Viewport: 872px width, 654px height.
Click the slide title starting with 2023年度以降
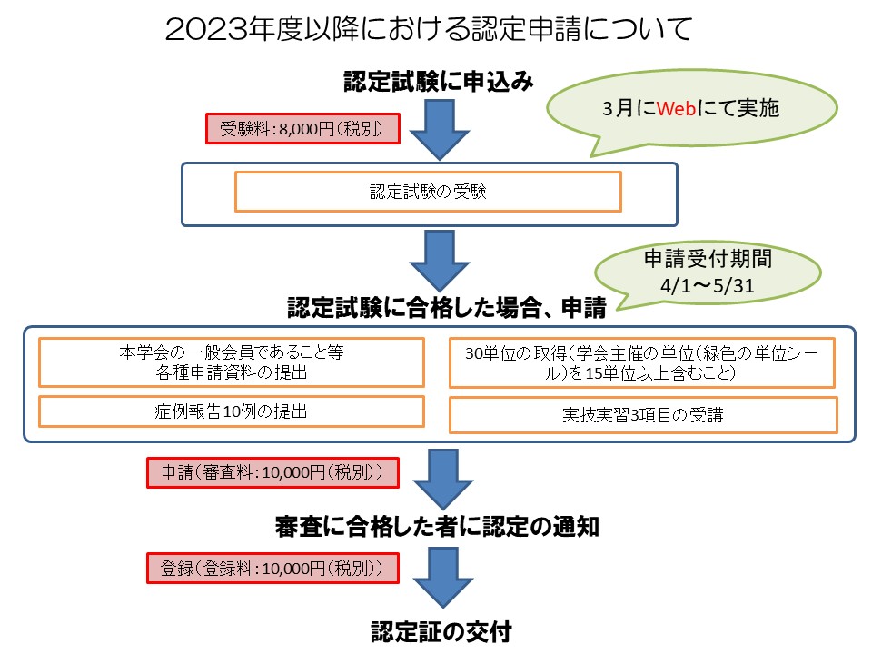(429, 30)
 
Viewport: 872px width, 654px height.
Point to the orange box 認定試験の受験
(428, 192)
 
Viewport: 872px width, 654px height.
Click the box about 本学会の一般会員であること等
(232, 362)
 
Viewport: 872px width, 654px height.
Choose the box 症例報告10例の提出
(232, 411)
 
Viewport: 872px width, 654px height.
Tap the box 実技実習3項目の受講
(643, 415)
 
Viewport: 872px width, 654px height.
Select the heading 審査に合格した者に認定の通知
(437, 526)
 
